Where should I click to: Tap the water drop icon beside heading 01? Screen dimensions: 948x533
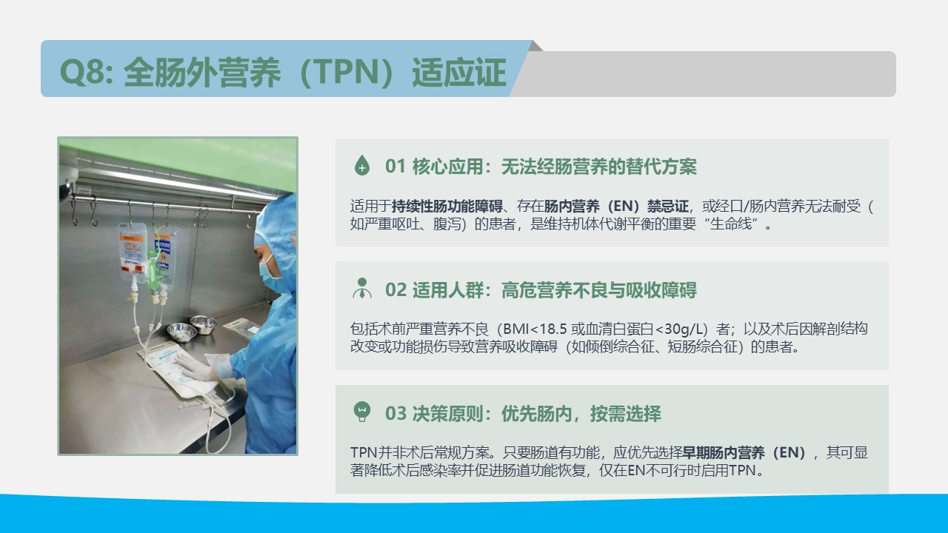[x=362, y=165]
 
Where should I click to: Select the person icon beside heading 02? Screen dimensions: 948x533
[x=362, y=289]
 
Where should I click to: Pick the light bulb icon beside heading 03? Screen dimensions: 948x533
[x=362, y=412]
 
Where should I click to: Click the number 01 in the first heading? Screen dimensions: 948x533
[x=395, y=167]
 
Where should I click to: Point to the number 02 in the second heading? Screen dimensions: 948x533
[x=395, y=290]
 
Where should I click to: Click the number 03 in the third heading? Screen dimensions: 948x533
[x=395, y=414]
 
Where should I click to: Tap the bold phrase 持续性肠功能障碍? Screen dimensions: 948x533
[x=447, y=207]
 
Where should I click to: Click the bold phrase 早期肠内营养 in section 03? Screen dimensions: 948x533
[x=724, y=452]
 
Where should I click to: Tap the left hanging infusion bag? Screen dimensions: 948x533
[x=133, y=252]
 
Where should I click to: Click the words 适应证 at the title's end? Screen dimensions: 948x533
[x=459, y=72]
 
